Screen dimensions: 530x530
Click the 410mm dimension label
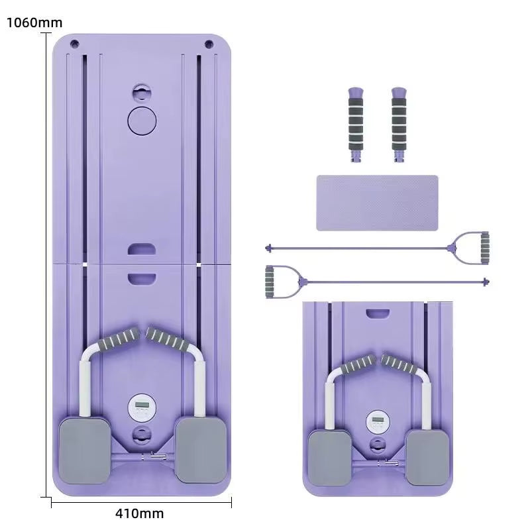pyautogui.click(x=138, y=513)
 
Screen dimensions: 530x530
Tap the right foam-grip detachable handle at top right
pyautogui.click(x=398, y=123)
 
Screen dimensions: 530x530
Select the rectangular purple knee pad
pyautogui.click(x=377, y=203)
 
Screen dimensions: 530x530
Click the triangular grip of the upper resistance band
pyautogui.click(x=474, y=248)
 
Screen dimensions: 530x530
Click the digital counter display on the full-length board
pyautogui.click(x=140, y=405)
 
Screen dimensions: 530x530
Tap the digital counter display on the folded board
pyautogui.click(x=377, y=420)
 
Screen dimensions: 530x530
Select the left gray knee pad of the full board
pyautogui.click(x=85, y=450)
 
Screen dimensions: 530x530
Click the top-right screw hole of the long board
pyautogui.click(x=209, y=44)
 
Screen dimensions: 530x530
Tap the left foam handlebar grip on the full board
pyautogui.click(x=119, y=343)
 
